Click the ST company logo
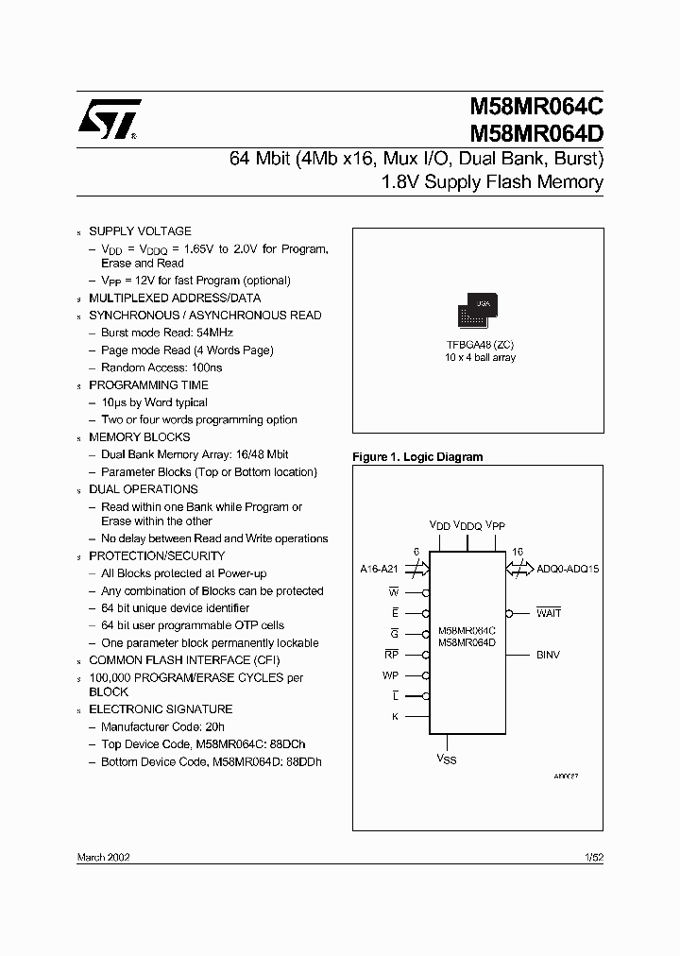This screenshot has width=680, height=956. [110, 121]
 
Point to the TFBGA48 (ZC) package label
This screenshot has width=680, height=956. [480, 345]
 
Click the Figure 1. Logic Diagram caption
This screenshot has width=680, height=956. [417, 457]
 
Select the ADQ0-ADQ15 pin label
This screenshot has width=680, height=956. [568, 569]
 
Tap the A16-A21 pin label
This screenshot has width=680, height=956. [381, 569]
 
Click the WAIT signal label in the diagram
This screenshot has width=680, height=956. [549, 612]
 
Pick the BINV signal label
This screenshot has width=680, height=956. [548, 654]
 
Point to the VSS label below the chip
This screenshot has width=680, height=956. [446, 759]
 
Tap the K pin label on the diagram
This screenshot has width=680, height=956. [395, 717]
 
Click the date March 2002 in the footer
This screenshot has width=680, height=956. [103, 856]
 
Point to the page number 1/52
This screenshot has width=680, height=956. [594, 856]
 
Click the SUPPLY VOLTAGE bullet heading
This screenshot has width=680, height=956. [140, 230]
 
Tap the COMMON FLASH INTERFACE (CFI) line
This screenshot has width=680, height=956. [183, 660]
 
